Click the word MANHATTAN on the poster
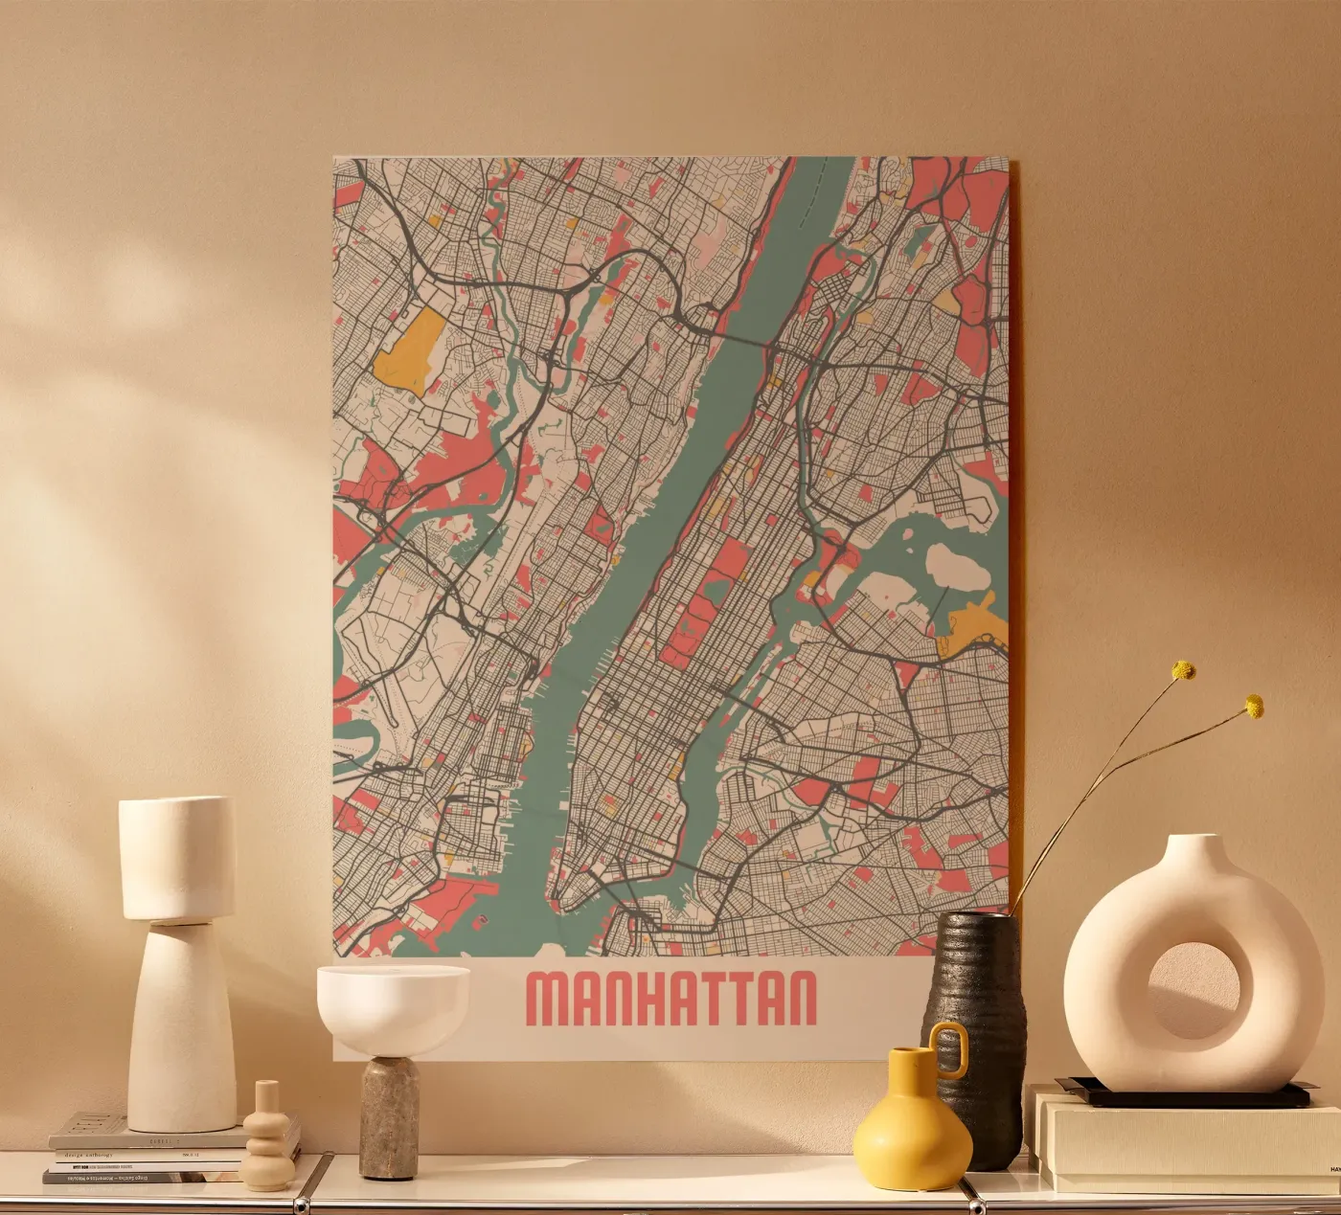point(672,999)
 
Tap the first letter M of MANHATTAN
point(550,999)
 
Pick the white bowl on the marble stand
point(393,1001)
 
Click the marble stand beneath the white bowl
point(389,1115)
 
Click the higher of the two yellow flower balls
point(1186,670)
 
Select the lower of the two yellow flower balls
point(1254,708)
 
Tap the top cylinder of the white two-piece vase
point(176,857)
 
